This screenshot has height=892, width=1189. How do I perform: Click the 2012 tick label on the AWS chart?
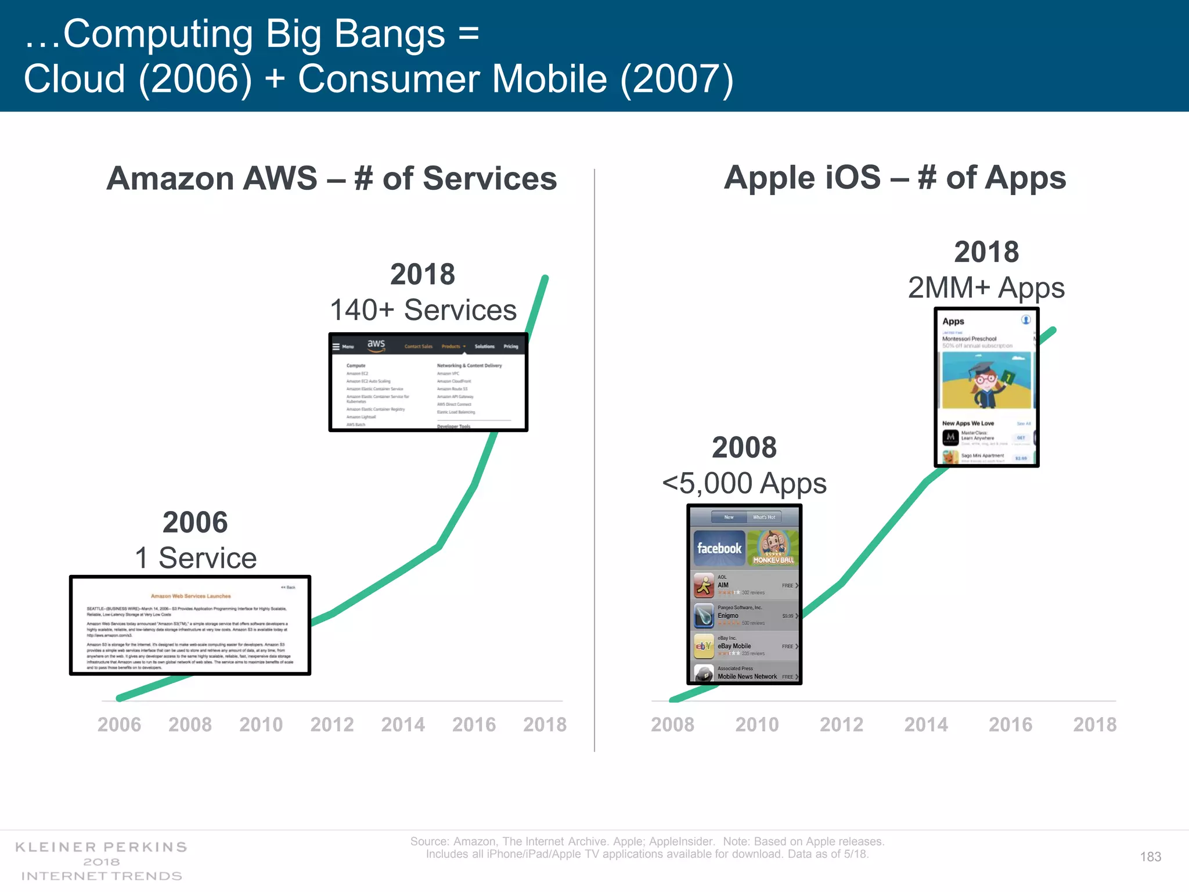click(332, 724)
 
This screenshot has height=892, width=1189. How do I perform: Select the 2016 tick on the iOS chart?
click(1010, 724)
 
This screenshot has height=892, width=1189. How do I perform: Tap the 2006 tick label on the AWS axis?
click(119, 724)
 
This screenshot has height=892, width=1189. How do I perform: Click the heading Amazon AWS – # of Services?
click(332, 178)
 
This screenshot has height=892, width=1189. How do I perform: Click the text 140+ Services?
click(423, 310)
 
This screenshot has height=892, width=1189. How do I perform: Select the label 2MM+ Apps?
click(986, 287)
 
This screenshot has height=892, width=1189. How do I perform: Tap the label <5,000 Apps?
click(744, 483)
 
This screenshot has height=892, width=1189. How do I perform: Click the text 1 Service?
click(196, 558)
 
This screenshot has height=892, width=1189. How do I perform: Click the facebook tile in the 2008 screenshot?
click(719, 548)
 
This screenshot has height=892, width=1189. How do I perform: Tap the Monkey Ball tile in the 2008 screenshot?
click(773, 548)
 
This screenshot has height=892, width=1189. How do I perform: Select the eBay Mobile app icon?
click(704, 646)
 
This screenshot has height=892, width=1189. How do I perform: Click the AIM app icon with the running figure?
click(704, 585)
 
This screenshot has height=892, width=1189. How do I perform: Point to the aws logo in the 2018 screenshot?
click(376, 344)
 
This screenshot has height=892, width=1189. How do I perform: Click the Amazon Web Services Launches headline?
click(190, 596)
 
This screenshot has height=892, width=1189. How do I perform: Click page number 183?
click(1150, 857)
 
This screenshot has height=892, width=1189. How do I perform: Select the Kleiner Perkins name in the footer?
click(101, 847)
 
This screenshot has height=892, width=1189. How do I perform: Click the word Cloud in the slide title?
click(74, 79)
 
